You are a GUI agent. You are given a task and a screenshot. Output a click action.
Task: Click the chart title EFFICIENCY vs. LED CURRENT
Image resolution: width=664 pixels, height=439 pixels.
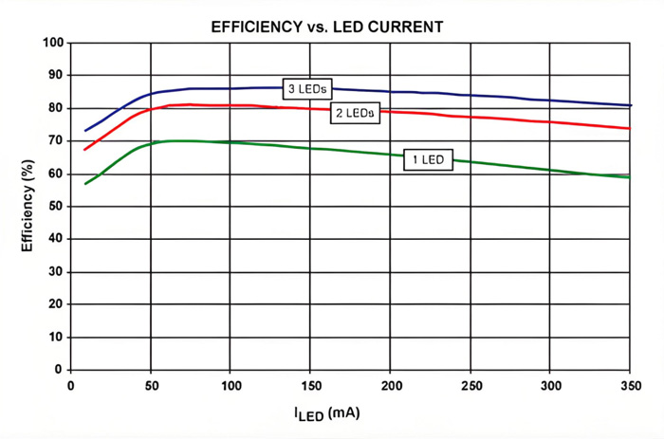click(x=327, y=27)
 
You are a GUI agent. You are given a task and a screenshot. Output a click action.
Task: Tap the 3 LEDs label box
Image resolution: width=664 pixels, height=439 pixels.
click(x=307, y=89)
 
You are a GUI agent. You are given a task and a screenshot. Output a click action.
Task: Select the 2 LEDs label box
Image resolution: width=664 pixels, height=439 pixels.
click(x=355, y=113)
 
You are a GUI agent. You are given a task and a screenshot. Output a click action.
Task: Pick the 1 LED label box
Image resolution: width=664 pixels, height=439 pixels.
click(x=428, y=159)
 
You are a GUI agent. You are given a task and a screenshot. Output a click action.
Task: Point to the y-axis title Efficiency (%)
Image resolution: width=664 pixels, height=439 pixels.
click(x=28, y=206)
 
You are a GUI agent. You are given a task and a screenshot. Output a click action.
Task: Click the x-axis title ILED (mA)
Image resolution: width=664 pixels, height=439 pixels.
click(x=327, y=413)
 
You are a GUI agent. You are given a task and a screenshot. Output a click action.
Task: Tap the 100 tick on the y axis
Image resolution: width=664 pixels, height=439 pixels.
click(x=53, y=43)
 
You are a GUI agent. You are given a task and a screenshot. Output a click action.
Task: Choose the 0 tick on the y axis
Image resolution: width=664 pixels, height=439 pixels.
click(x=59, y=370)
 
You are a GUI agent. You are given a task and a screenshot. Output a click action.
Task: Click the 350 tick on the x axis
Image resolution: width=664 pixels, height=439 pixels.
click(x=631, y=386)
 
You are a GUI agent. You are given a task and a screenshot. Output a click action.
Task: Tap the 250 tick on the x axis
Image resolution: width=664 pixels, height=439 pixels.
click(x=470, y=386)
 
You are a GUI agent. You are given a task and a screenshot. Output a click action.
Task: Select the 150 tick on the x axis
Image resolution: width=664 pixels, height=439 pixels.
click(x=311, y=386)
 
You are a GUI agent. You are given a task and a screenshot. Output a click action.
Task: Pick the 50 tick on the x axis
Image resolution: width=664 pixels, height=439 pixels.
click(x=151, y=386)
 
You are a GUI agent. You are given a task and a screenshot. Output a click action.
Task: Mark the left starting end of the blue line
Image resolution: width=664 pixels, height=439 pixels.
click(x=85, y=131)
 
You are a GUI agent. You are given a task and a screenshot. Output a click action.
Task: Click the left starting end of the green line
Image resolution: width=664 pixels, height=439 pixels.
click(x=85, y=184)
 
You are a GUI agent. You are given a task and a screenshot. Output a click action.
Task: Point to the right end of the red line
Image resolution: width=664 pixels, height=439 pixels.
click(x=630, y=128)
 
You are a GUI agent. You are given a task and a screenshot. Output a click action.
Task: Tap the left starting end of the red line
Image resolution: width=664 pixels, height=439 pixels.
click(x=85, y=150)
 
